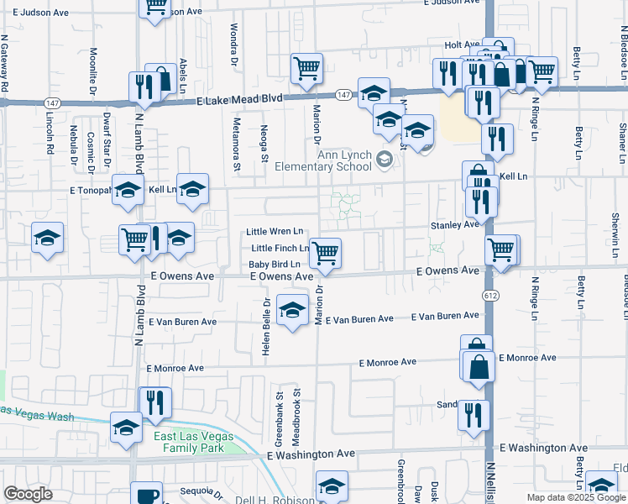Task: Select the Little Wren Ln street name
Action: coord(275,231)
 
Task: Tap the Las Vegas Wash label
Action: coord(38,414)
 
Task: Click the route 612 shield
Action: coord(488,296)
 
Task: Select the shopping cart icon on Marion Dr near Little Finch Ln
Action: coord(325,252)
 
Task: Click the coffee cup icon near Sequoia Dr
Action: coord(148,496)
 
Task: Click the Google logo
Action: coord(29,494)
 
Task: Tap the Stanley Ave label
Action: coord(454,225)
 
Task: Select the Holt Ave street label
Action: coord(461,45)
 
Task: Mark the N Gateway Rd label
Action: coord(5,63)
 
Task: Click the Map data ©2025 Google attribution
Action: coord(575,497)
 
